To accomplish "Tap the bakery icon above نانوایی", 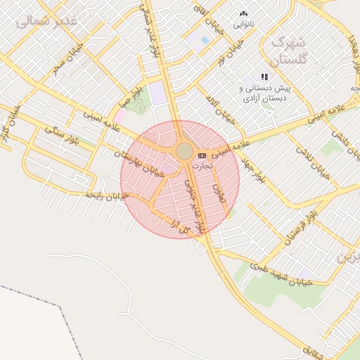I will (x=244, y=13).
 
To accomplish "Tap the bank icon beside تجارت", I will (x=202, y=155).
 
